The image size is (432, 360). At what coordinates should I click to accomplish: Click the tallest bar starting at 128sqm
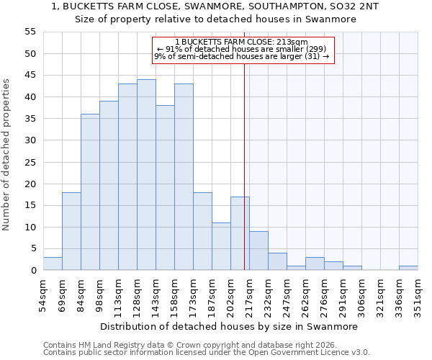pyautogui.click(x=146, y=175)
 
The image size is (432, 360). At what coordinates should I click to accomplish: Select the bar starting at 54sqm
pyautogui.click(x=53, y=264)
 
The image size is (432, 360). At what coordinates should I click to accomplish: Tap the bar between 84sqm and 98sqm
pyautogui.click(x=90, y=192)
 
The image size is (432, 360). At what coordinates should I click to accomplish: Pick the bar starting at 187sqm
pyautogui.click(x=221, y=246)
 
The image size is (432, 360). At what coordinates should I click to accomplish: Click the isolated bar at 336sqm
pyautogui.click(x=408, y=268)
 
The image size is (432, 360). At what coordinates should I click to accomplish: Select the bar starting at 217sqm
pyautogui.click(x=258, y=251)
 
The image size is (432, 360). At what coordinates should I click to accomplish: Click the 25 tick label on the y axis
pyautogui.click(x=30, y=162)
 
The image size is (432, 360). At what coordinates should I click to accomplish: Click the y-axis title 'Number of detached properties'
pyautogui.click(x=7, y=155)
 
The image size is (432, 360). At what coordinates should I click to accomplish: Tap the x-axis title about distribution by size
pyautogui.click(x=229, y=326)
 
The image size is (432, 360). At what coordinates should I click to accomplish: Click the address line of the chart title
pyautogui.click(x=216, y=6)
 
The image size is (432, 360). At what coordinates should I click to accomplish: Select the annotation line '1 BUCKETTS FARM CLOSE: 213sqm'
pyautogui.click(x=241, y=42)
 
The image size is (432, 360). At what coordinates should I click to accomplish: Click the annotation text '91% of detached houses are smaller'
pyautogui.click(x=241, y=49)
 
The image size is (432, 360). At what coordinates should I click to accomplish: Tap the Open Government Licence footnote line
pyautogui.click(x=207, y=352)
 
